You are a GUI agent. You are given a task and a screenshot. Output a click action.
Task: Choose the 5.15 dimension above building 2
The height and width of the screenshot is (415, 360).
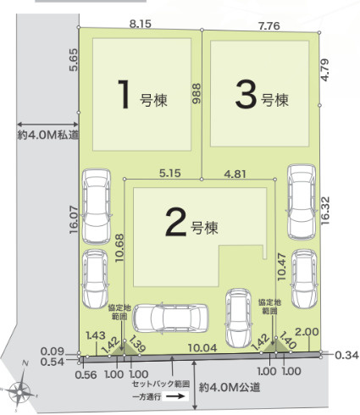click(x=170, y=174)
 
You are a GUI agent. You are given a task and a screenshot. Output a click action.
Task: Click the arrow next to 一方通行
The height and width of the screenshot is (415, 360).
click(x=177, y=396)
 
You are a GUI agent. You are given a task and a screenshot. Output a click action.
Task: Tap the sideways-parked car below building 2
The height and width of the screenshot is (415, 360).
click(x=172, y=318)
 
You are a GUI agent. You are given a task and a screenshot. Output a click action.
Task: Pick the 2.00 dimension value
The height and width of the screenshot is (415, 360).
click(x=308, y=332)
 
